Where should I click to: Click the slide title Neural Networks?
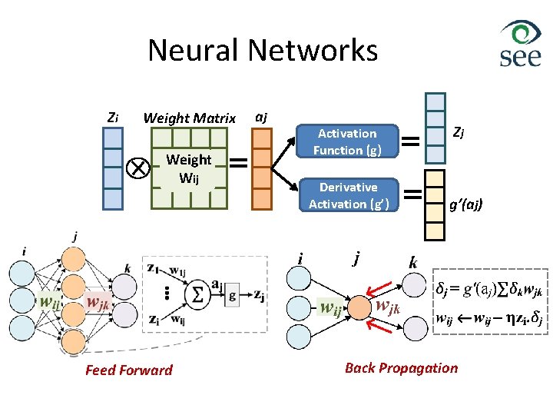click(x=263, y=51)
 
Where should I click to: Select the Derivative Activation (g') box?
click(x=348, y=195)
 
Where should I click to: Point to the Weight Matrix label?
click(x=190, y=118)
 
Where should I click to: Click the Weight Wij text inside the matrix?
click(x=189, y=168)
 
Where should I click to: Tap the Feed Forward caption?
click(x=129, y=370)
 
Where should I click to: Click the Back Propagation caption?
click(x=401, y=367)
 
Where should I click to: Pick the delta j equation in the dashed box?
click(x=488, y=291)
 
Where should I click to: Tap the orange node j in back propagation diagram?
click(x=356, y=309)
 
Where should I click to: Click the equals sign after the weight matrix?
click(x=239, y=163)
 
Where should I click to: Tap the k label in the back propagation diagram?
click(x=413, y=264)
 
